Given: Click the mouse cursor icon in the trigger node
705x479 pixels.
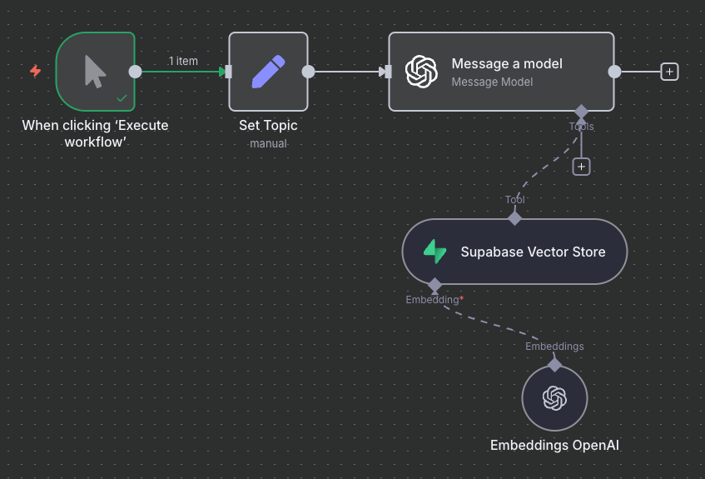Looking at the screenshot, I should click(95, 72).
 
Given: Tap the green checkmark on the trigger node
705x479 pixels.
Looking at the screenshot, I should click(122, 98).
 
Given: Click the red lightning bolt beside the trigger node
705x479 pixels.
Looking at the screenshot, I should click(35, 71).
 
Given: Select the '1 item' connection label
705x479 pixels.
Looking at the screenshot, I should click(183, 61).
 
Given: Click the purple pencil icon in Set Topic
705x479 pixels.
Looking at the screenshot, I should click(268, 72).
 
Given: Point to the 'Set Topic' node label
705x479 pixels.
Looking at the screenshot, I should click(268, 126).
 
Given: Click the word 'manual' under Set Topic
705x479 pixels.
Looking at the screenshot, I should click(268, 143).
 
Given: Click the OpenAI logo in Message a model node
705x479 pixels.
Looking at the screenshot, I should click(421, 72).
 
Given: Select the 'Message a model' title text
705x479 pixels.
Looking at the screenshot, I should click(507, 63).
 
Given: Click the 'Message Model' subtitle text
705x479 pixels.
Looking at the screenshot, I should click(492, 82).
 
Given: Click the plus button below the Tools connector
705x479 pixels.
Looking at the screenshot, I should click(581, 167).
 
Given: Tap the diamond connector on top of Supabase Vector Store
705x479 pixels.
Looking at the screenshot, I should click(515, 218).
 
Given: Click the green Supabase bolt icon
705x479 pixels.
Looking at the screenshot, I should click(434, 252).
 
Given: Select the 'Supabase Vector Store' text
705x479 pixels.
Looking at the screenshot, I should click(533, 252).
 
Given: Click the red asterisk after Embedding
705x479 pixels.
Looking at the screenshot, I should click(462, 297).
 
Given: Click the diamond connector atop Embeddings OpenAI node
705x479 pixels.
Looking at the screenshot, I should click(554, 364).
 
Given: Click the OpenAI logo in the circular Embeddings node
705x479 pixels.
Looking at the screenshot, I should click(554, 398).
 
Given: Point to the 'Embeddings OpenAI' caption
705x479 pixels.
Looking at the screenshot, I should click(554, 445).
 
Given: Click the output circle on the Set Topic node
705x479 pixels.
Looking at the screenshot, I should click(308, 72).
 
